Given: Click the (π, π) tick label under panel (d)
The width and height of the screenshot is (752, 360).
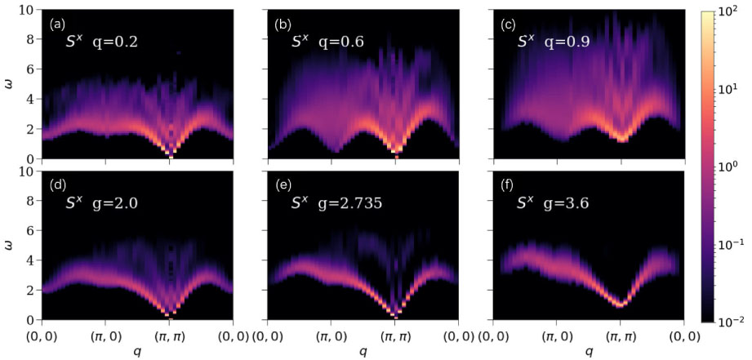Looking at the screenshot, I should point(170,335).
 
